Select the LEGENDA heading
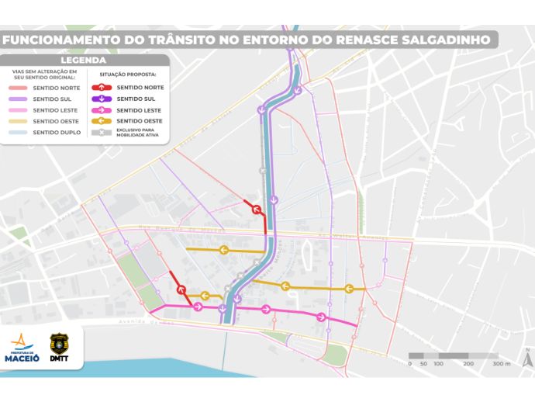point(83,61)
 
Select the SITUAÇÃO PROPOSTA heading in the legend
point(127,74)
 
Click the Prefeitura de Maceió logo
point(22,347)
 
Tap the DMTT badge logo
point(59,346)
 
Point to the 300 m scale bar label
point(501,363)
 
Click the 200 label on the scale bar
point(468,363)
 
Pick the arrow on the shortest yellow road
point(205,296)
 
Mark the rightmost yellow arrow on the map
point(350,288)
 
